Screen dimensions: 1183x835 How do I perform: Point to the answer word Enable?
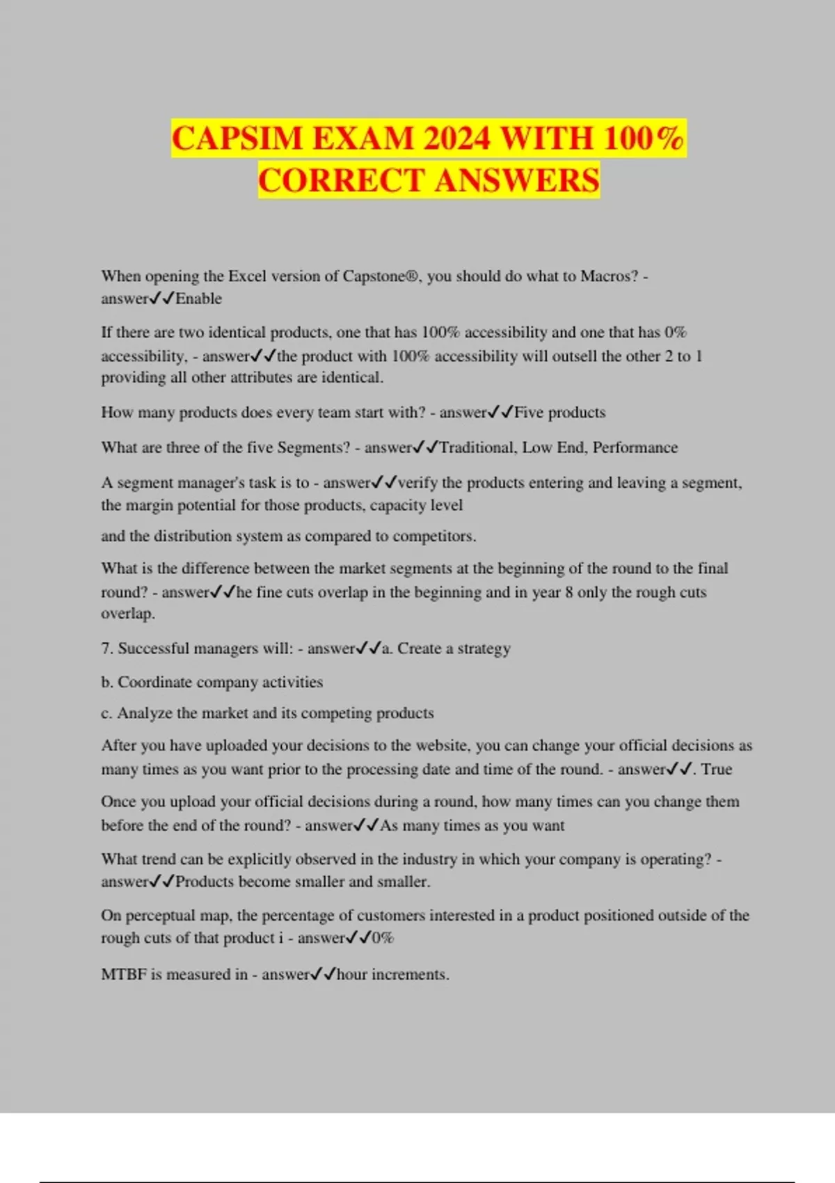[198, 299]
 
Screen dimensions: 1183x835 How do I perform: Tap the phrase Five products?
[559, 413]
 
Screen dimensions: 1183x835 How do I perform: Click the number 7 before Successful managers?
[106, 649]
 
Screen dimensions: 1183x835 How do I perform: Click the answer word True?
[717, 770]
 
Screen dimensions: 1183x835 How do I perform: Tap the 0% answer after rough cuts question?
[383, 938]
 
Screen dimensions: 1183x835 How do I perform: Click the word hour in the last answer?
[351, 975]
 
